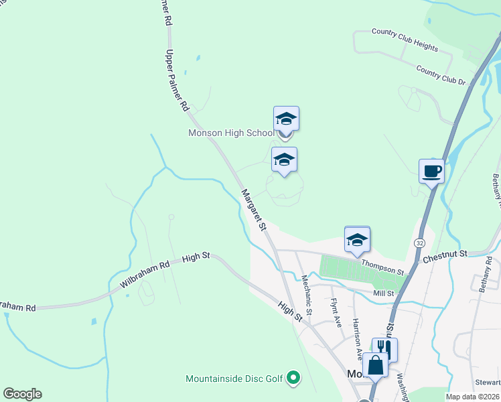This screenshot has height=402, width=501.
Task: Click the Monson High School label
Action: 231,133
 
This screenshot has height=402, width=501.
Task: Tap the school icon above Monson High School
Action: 286,119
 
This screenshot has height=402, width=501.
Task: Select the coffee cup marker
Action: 431,171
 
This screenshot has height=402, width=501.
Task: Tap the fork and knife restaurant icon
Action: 384,348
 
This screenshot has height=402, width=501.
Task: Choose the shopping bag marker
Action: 375,366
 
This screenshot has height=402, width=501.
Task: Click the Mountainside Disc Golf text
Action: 234,379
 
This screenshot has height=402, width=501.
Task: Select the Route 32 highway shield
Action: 419,241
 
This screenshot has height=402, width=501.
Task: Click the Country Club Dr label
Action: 440,74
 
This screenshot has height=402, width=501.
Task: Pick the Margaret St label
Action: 255,210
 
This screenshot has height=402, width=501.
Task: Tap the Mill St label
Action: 384,293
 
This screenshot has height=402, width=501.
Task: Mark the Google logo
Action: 22,394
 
